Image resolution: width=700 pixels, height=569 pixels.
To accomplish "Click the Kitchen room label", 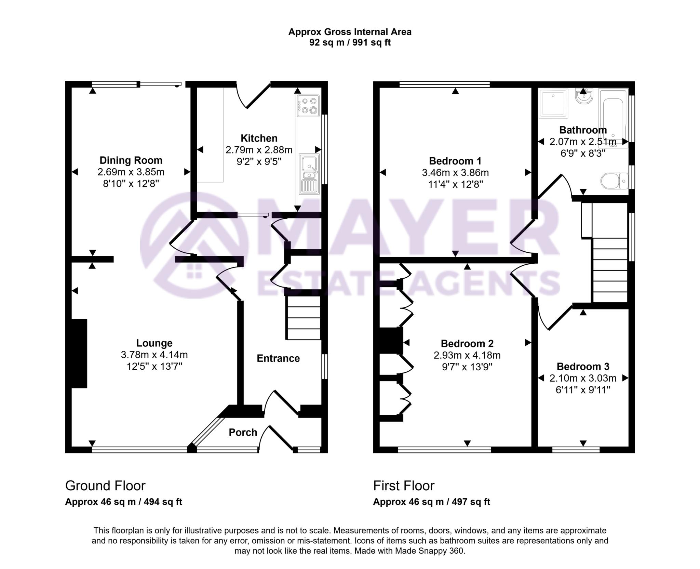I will click(x=259, y=138).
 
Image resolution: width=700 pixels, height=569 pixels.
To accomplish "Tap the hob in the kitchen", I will click(x=308, y=106).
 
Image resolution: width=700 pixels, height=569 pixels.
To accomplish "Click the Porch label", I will click(x=243, y=433).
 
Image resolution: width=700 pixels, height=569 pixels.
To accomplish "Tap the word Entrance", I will click(x=278, y=358).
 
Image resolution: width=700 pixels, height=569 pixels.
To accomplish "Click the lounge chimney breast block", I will click(x=79, y=353).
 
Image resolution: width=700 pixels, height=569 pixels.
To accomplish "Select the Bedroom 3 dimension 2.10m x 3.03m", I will click(x=583, y=378).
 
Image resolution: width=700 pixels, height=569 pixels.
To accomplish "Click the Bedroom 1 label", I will click(x=455, y=161).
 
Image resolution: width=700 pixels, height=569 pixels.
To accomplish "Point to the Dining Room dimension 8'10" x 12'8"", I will click(x=131, y=184).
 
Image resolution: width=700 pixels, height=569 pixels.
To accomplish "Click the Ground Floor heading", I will click(x=105, y=486).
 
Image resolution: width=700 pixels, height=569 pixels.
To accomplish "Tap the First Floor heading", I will click(x=404, y=486).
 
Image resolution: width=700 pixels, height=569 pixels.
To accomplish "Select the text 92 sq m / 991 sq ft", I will click(x=350, y=43).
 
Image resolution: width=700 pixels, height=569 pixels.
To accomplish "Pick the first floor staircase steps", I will click(x=610, y=270).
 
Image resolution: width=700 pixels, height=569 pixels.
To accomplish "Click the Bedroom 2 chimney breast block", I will click(x=391, y=340).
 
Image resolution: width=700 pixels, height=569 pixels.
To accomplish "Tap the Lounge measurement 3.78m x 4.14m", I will click(x=154, y=355).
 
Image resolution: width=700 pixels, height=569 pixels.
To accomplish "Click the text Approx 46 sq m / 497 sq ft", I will click(x=431, y=502).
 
